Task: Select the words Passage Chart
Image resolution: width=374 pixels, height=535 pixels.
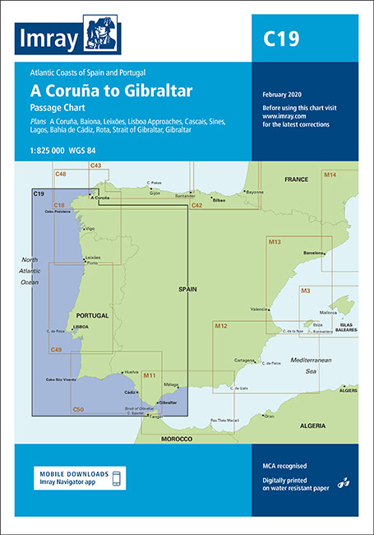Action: pos(79,107)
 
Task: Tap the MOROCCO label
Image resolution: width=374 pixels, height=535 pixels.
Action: pos(175,440)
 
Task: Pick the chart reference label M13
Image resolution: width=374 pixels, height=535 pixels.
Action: pos(275,242)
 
